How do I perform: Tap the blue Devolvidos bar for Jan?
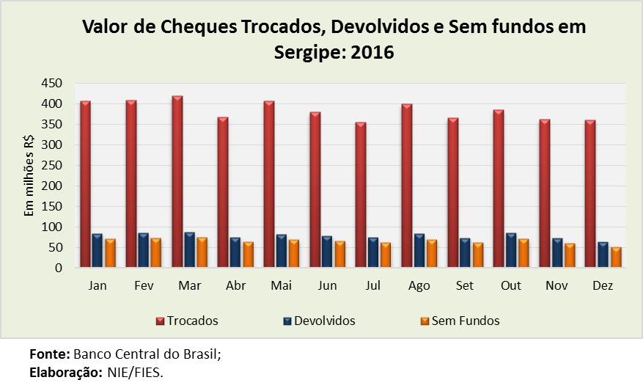click(98, 251)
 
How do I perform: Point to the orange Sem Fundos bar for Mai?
click(294, 254)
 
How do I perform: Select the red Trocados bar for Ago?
click(406, 186)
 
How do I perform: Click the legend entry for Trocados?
click(187, 321)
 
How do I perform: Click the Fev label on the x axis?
click(144, 285)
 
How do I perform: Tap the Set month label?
click(466, 285)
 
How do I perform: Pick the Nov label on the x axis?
click(557, 285)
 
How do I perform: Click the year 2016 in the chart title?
click(370, 53)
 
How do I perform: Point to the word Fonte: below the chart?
click(49, 354)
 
